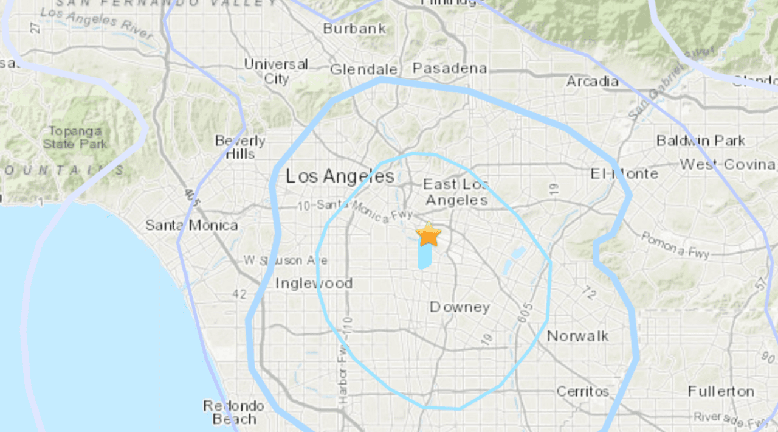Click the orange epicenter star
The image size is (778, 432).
click(429, 235)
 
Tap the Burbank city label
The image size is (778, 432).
click(354, 29)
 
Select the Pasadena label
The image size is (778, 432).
click(450, 68)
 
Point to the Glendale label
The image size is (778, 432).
click(363, 70)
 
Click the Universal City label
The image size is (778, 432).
click(277, 71)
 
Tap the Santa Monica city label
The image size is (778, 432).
click(191, 226)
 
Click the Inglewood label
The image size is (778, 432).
click(314, 283)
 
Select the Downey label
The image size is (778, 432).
click(460, 307)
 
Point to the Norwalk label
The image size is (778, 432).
click(577, 336)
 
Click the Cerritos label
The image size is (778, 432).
click(583, 391)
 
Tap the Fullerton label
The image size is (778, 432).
click(721, 391)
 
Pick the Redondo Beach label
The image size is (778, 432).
click(234, 413)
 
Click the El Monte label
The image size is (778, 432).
click(624, 174)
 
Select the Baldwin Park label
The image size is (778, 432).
click(700, 141)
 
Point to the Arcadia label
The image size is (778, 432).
click(593, 82)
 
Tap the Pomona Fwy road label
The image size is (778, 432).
click(675, 245)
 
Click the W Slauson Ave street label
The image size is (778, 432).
click(285, 260)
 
